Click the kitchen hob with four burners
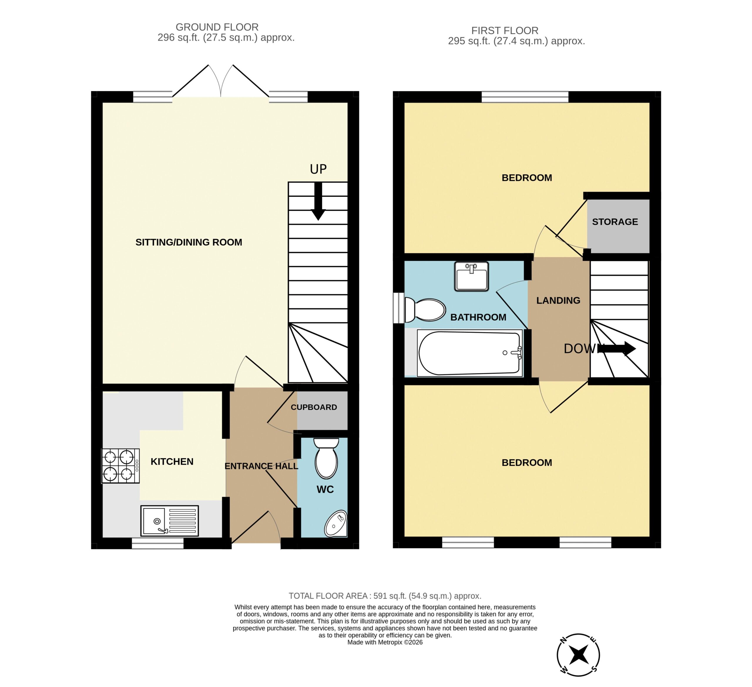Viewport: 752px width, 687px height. pyautogui.click(x=120, y=466)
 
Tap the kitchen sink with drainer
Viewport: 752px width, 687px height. pyautogui.click(x=170, y=521)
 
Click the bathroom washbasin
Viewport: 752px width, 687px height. pyautogui.click(x=471, y=276)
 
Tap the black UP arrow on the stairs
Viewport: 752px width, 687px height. pyautogui.click(x=318, y=201)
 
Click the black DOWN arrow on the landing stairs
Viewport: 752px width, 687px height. pyautogui.click(x=617, y=349)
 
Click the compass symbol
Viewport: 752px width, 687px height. pyautogui.click(x=578, y=655)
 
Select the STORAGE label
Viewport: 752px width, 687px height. pyautogui.click(x=615, y=222)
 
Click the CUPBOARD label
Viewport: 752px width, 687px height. pyautogui.click(x=314, y=407)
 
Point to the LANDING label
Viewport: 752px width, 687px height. pyautogui.click(x=558, y=300)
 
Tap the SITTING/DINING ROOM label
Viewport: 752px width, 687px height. pyautogui.click(x=189, y=242)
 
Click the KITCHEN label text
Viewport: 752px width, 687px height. pyautogui.click(x=172, y=462)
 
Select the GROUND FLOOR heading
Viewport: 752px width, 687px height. pyautogui.click(x=217, y=27)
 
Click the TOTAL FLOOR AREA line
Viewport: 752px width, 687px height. pyautogui.click(x=385, y=596)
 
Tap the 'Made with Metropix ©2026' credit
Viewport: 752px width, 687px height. pyautogui.click(x=385, y=642)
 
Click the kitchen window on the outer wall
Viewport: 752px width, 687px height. pyautogui.click(x=158, y=543)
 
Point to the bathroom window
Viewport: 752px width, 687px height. pyautogui.click(x=399, y=308)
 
